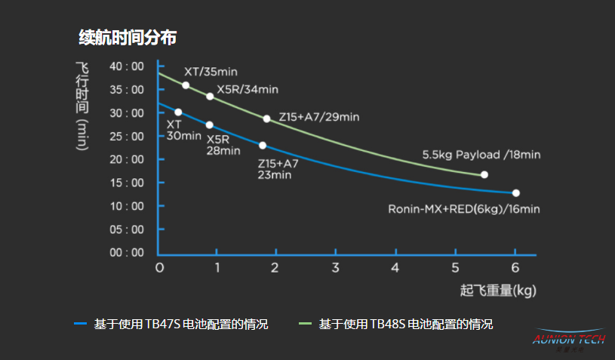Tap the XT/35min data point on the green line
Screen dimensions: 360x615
[186, 85]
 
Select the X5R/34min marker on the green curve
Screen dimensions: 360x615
[210, 97]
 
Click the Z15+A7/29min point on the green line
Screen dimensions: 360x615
[266, 118]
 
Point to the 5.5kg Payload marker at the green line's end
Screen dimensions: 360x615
[484, 174]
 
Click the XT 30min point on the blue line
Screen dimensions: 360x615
[178, 112]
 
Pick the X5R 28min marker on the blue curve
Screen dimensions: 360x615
[209, 125]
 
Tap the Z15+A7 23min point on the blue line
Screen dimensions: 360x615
[263, 145]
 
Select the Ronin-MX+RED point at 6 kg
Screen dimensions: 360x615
[515, 193]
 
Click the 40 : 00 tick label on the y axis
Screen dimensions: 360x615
[126, 66]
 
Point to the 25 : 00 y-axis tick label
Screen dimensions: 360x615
[126, 136]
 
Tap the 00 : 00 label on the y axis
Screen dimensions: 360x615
[126, 252]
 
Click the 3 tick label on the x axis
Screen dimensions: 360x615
[335, 268]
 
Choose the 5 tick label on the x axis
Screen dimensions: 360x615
[455, 268]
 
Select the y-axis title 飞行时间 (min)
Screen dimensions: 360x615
[83, 105]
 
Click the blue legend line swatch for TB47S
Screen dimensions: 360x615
[81, 324]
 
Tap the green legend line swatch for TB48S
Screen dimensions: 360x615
[304, 324]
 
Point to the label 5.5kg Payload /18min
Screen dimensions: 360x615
[481, 155]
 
